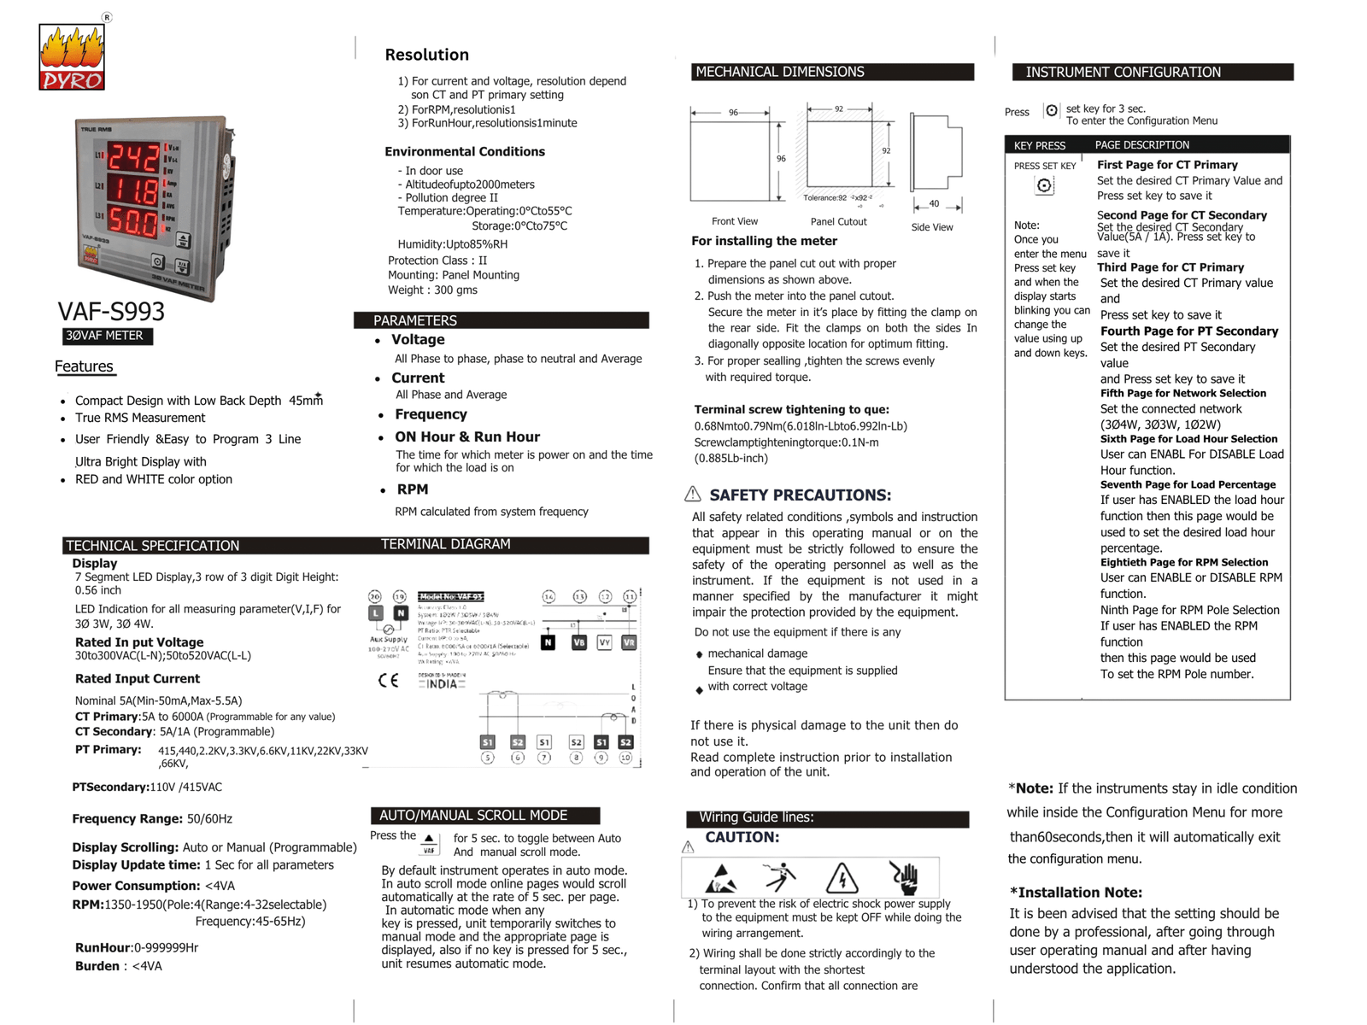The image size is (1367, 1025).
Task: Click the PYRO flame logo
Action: point(72,57)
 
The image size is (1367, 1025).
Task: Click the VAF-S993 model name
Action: point(111,312)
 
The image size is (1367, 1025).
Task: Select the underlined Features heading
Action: point(84,366)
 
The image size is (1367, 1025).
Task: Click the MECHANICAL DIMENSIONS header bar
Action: point(831,72)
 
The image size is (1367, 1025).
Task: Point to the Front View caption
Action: point(735,221)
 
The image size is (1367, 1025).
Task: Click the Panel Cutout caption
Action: point(838,221)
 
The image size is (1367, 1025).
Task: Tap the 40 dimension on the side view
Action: point(934,204)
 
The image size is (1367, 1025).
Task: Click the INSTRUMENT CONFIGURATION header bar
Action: point(1152,73)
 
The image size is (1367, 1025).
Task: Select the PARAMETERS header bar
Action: point(501,320)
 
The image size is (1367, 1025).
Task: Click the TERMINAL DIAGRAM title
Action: point(445,544)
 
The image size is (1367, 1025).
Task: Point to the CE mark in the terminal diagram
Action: point(388,681)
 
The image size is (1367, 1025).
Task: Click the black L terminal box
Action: point(375,613)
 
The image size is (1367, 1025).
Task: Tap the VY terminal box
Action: point(604,642)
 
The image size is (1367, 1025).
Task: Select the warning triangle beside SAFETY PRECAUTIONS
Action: point(693,495)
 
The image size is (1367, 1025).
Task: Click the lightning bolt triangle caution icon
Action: point(842,878)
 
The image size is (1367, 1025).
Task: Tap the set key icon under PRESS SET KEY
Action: point(1044,185)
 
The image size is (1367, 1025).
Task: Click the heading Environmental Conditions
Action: point(464,151)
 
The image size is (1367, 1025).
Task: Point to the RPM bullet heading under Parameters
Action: point(412,489)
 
